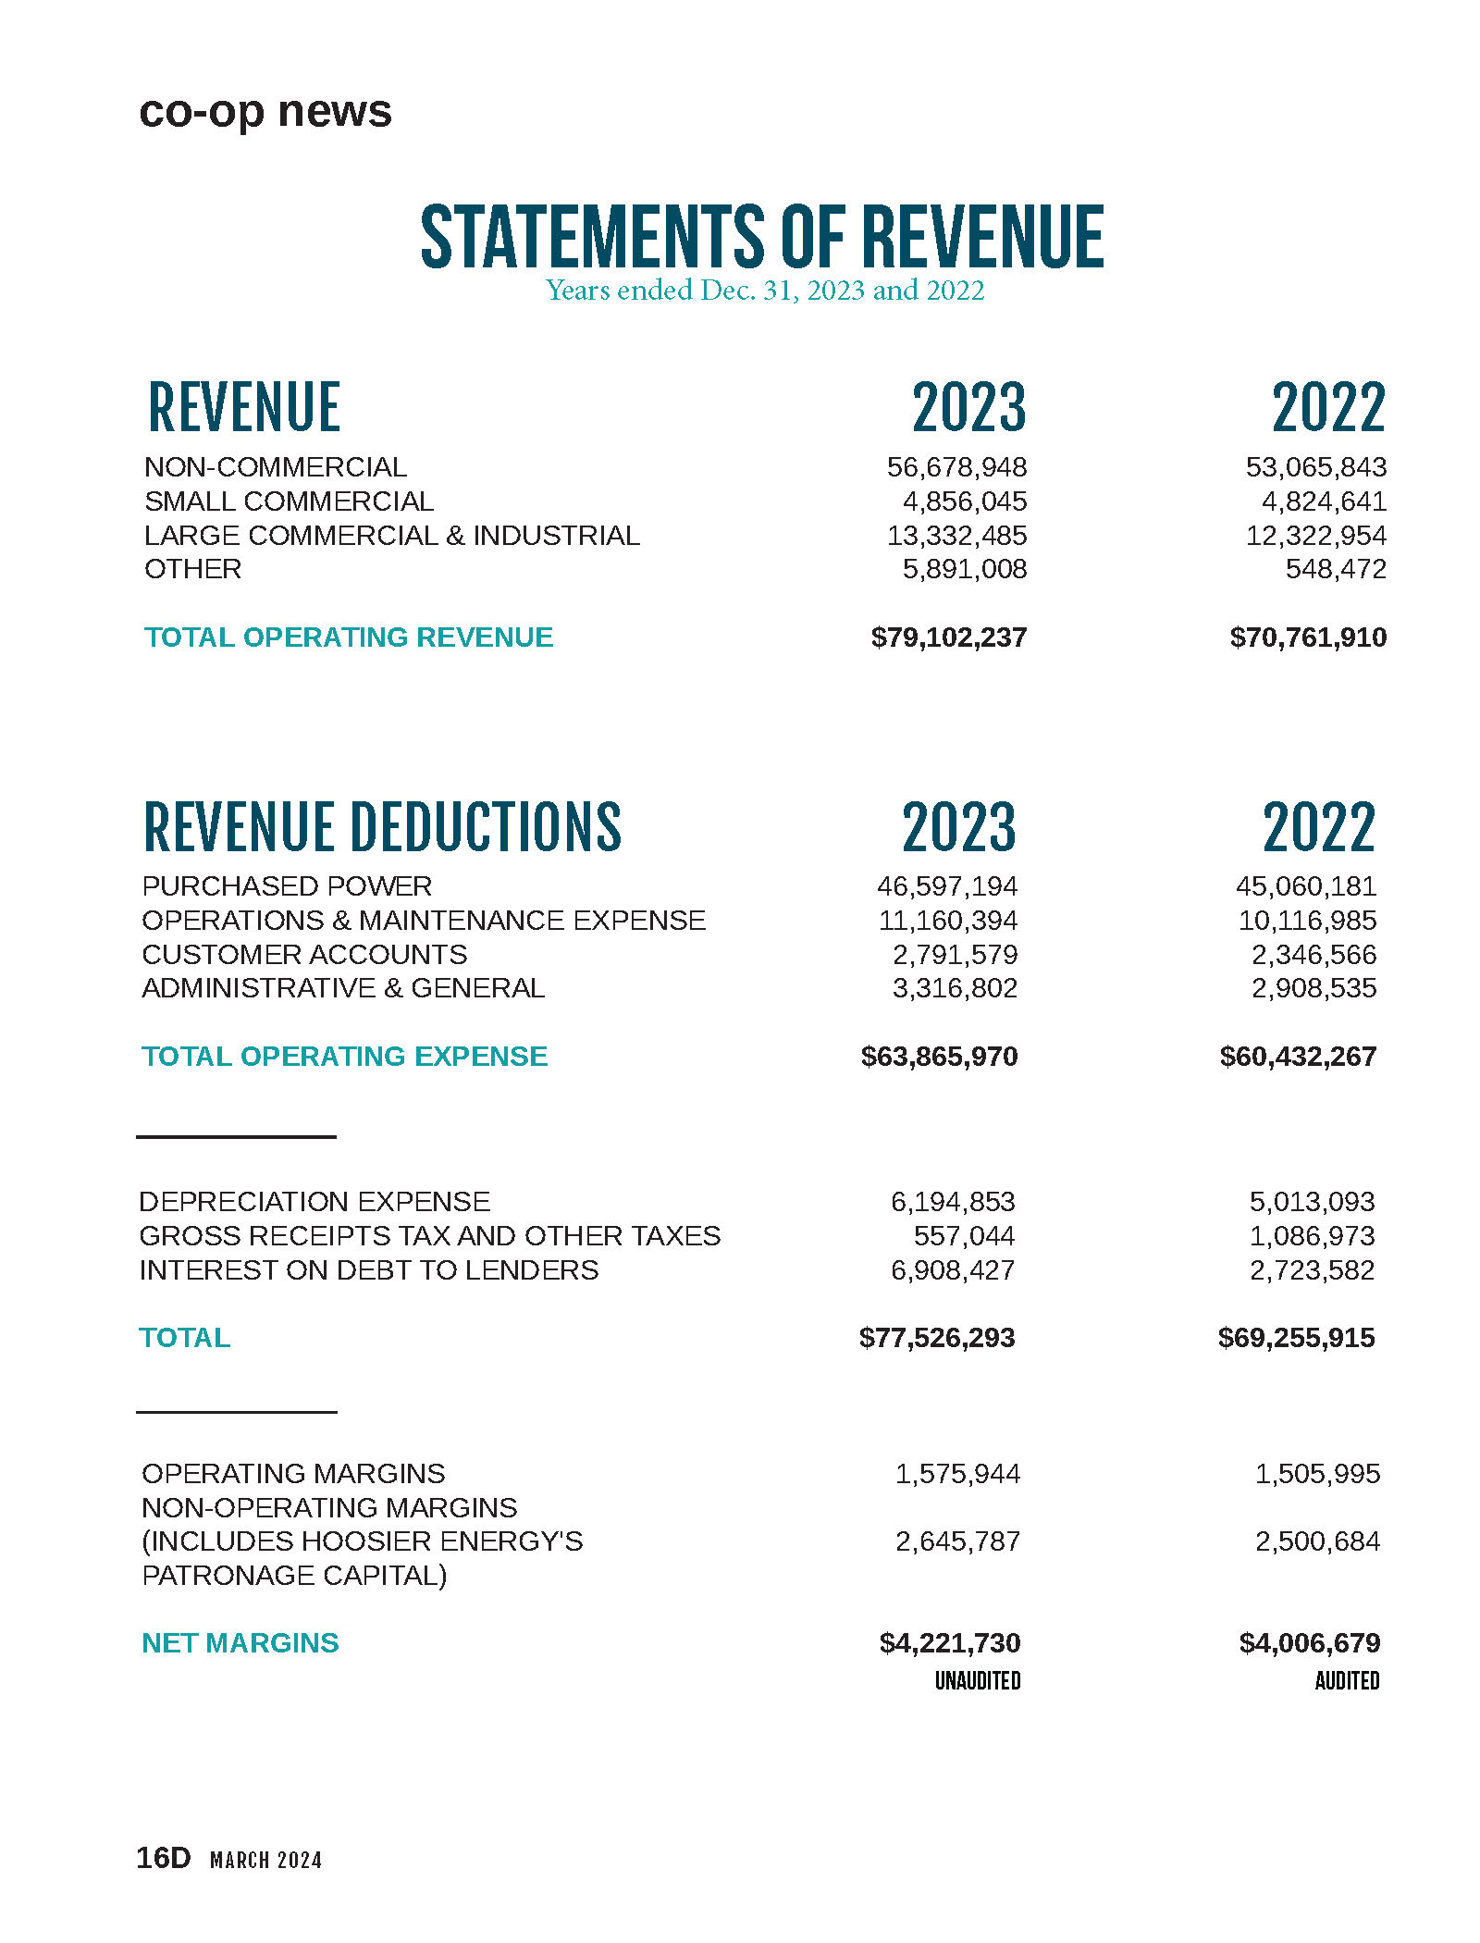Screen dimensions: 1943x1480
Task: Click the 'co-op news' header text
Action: [265, 112]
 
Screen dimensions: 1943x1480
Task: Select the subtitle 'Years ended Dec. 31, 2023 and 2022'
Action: [765, 291]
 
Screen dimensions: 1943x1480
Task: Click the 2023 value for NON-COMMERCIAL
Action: [956, 467]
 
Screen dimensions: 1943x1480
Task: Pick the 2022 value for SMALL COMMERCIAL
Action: [1324, 501]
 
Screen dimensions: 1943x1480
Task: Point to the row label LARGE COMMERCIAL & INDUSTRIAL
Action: [391, 536]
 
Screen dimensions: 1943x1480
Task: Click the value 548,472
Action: [1336, 569]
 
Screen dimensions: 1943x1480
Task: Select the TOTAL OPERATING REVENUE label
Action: [348, 637]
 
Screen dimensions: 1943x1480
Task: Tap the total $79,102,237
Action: [948, 637]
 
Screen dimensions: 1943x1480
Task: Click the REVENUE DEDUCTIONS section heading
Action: [382, 826]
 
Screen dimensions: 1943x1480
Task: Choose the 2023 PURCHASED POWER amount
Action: [946, 886]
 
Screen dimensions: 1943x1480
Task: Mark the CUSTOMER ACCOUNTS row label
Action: [304, 955]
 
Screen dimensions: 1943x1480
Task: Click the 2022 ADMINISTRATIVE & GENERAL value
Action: [1313, 988]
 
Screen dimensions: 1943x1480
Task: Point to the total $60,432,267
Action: [1298, 1057]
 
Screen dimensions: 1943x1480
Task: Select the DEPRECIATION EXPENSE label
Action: [314, 1202]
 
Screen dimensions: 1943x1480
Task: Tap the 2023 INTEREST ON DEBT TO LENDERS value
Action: [952, 1270]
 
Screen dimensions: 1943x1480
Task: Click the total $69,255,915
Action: [1296, 1338]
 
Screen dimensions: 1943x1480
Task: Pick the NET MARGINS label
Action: [240, 1643]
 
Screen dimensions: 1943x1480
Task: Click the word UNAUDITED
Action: [977, 1681]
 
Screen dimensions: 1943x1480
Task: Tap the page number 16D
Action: [163, 1858]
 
